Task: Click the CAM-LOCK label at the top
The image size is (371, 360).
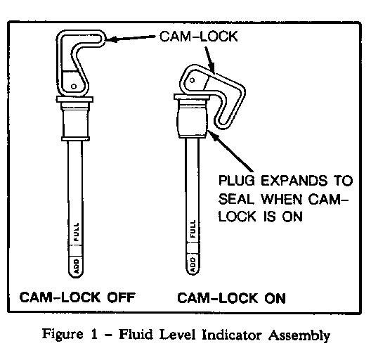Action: click(199, 37)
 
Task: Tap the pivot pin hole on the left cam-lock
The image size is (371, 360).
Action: click(74, 86)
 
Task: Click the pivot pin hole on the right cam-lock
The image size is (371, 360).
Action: click(192, 80)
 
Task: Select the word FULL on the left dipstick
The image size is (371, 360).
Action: click(76, 232)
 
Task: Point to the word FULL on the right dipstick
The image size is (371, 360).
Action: click(193, 229)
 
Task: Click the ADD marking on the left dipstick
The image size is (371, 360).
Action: click(76, 266)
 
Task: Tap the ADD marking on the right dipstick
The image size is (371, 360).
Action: click(193, 264)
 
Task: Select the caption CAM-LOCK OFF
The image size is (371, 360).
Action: click(77, 297)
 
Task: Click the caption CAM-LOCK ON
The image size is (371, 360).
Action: click(231, 298)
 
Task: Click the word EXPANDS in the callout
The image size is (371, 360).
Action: click(294, 181)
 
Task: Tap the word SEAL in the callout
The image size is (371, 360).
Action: click(236, 199)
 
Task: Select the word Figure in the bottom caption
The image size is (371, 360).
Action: click(63, 334)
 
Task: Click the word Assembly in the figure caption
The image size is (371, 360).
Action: click(299, 335)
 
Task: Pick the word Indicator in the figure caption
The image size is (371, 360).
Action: click(232, 335)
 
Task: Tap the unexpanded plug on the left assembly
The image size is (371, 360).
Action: click(75, 121)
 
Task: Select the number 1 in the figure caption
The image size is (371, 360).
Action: click(94, 335)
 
